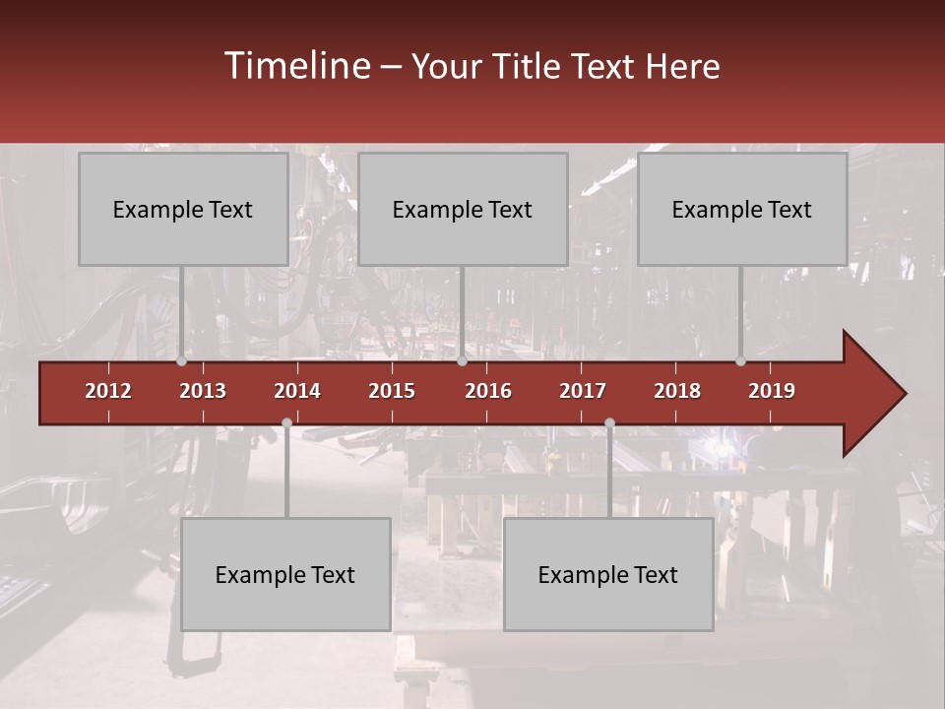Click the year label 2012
click(108, 391)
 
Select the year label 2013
click(203, 391)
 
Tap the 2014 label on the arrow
click(297, 391)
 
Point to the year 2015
click(392, 391)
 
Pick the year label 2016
click(488, 391)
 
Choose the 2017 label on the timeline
click(583, 391)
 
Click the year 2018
click(677, 391)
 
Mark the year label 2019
click(772, 391)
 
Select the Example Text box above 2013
click(183, 209)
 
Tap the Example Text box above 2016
click(463, 209)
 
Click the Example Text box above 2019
click(742, 209)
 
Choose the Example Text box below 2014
click(285, 574)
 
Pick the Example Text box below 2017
click(608, 574)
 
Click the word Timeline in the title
click(295, 66)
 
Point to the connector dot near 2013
click(182, 361)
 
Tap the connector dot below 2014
click(286, 422)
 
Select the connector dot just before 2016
click(462, 361)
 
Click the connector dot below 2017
click(609, 422)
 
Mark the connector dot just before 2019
click(740, 361)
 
